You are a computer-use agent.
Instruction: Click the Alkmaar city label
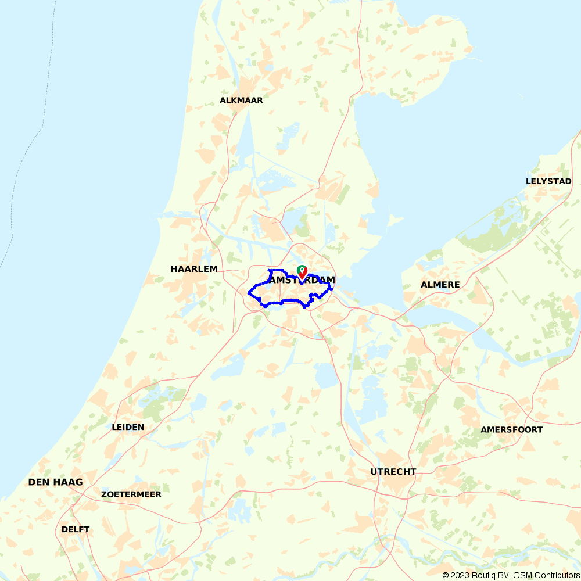click(x=241, y=101)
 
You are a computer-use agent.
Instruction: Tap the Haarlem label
click(x=194, y=269)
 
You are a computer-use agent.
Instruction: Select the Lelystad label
click(x=548, y=181)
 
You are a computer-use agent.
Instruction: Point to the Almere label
click(x=440, y=285)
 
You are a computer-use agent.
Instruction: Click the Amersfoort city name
click(x=511, y=430)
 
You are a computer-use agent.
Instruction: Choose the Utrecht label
click(x=393, y=472)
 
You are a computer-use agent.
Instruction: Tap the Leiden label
click(x=128, y=427)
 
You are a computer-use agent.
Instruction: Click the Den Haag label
click(x=55, y=482)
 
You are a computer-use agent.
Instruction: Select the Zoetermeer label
click(x=131, y=494)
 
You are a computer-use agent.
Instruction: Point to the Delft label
click(x=76, y=529)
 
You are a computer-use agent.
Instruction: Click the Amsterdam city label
click(x=302, y=280)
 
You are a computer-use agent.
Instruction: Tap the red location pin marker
click(x=303, y=273)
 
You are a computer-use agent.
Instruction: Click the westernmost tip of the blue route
click(x=249, y=292)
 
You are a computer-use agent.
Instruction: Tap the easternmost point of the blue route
click(x=332, y=289)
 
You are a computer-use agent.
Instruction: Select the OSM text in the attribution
click(x=522, y=575)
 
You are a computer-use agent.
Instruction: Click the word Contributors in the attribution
click(x=557, y=575)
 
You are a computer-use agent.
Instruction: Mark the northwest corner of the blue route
click(x=269, y=271)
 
